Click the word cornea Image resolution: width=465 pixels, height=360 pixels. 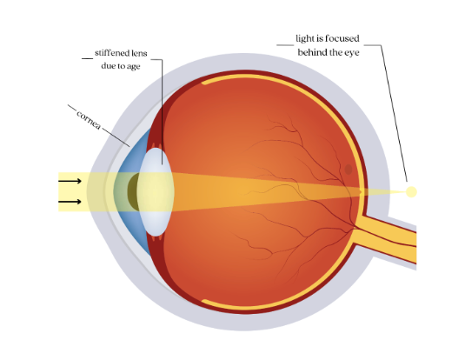pyautogui.click(x=89, y=120)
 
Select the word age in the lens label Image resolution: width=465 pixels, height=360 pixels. pyautogui.click(x=134, y=66)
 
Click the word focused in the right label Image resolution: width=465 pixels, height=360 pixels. pyautogui.click(x=342, y=38)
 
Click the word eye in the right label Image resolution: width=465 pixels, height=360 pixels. pyautogui.click(x=352, y=53)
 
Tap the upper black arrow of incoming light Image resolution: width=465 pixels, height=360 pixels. pyautogui.click(x=70, y=181)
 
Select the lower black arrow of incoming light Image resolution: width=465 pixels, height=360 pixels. pyautogui.click(x=70, y=202)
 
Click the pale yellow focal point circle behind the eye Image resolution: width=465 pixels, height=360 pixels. pyautogui.click(x=411, y=191)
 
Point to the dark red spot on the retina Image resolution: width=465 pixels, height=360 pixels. pyautogui.click(x=349, y=170)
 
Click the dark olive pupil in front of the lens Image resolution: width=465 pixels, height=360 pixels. pyautogui.click(x=133, y=191)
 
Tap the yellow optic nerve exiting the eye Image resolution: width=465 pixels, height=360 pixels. pyautogui.click(x=386, y=237)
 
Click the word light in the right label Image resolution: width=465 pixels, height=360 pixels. pyautogui.click(x=305, y=38)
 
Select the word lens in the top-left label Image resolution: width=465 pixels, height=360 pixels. pyautogui.click(x=139, y=53)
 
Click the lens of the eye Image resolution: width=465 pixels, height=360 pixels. pyautogui.click(x=156, y=191)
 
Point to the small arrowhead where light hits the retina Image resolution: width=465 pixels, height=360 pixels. pyautogui.click(x=361, y=192)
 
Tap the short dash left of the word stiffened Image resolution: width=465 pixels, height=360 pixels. pyautogui.click(x=88, y=58)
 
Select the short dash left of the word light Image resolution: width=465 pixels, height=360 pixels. pyautogui.click(x=285, y=45)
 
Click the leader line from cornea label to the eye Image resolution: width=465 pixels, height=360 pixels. pyautogui.click(x=116, y=137)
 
